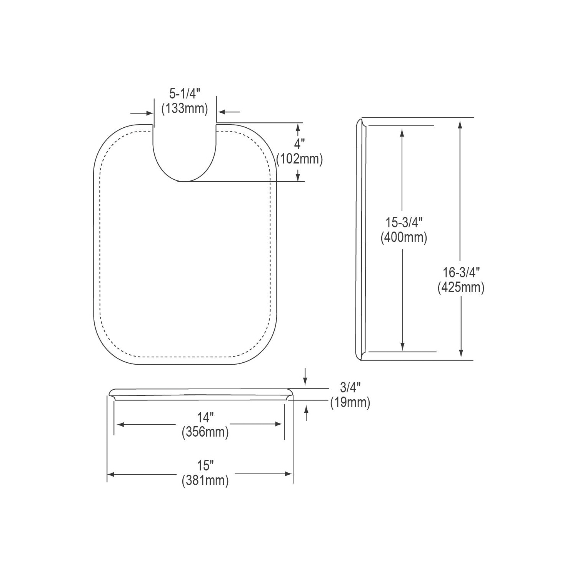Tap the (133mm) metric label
(x=185, y=109)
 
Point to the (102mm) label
(x=299, y=158)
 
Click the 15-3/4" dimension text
(x=404, y=222)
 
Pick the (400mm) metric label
(x=404, y=238)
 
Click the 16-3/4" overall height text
(x=461, y=272)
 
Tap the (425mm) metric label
(x=461, y=287)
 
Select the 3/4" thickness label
(x=350, y=387)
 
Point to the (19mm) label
(x=350, y=402)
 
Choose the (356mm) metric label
(x=205, y=432)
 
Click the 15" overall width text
(x=205, y=466)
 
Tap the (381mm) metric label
(x=205, y=481)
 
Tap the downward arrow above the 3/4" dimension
(x=305, y=381)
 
